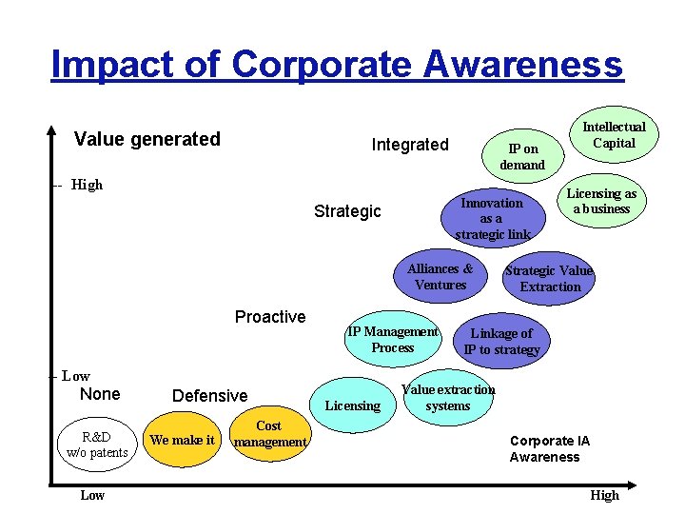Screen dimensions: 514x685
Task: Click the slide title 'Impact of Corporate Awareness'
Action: [x=337, y=64]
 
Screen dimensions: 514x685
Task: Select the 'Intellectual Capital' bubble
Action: [x=614, y=135]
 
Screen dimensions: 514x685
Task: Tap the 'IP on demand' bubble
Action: [x=522, y=156]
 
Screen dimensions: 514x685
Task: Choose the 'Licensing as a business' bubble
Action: [x=601, y=201]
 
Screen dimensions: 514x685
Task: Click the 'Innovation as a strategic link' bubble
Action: [x=492, y=218]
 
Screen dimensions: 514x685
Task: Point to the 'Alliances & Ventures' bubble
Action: [x=440, y=277]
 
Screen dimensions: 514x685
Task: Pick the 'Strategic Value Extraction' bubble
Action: [x=549, y=279]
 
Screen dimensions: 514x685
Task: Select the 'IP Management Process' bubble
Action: [x=393, y=340]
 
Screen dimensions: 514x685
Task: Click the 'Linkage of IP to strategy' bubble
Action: [x=501, y=341]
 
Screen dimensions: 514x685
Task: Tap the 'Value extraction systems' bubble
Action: [x=448, y=397]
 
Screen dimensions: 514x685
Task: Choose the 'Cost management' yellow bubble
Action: [x=269, y=434]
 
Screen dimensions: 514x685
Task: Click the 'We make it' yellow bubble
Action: [x=182, y=440]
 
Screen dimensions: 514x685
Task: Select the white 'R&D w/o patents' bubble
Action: [x=97, y=445]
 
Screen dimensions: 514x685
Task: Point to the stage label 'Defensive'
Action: [x=209, y=396]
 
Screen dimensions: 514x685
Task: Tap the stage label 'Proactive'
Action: [x=270, y=317]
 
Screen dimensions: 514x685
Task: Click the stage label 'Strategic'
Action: [x=347, y=211]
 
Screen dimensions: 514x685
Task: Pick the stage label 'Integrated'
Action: [x=409, y=145]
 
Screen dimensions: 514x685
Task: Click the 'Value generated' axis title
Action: [x=147, y=139]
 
